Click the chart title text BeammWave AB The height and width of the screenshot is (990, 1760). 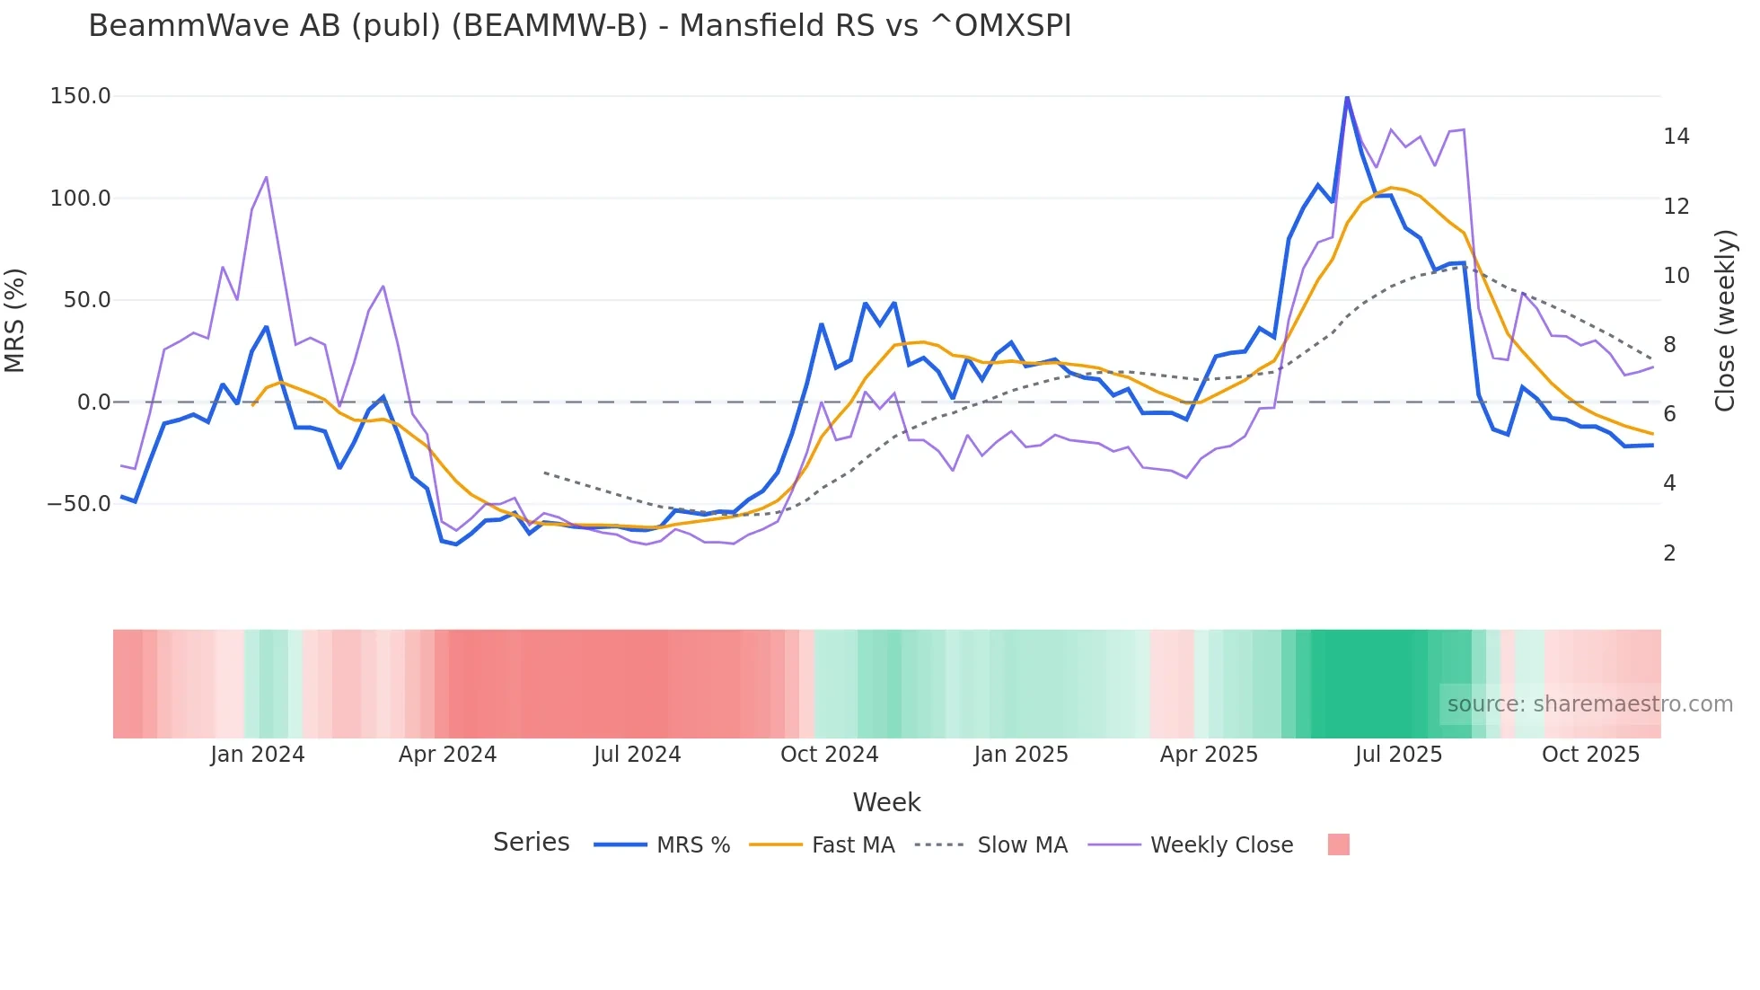pos(579,26)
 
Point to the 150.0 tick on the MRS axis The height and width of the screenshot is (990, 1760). pos(80,96)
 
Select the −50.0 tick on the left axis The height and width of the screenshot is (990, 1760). pos(79,504)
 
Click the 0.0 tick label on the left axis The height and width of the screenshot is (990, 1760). pos(93,402)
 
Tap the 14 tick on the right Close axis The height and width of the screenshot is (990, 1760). pos(1676,137)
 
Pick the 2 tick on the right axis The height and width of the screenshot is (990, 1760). pos(1669,553)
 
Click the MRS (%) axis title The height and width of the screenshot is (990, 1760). pos(15,320)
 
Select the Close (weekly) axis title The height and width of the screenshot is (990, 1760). pos(1724,320)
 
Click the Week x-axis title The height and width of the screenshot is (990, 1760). pos(886,802)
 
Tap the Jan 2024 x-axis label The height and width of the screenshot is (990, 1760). pos(258,755)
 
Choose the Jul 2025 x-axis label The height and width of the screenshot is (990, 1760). pos(1398,755)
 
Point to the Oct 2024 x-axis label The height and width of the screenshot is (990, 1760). pos(829,755)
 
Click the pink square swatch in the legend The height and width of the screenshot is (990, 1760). pos(1338,844)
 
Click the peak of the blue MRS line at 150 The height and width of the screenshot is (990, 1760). pos(1347,97)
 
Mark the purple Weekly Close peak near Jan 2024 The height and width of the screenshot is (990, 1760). pos(266,177)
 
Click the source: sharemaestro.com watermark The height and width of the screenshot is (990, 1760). pos(1589,704)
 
